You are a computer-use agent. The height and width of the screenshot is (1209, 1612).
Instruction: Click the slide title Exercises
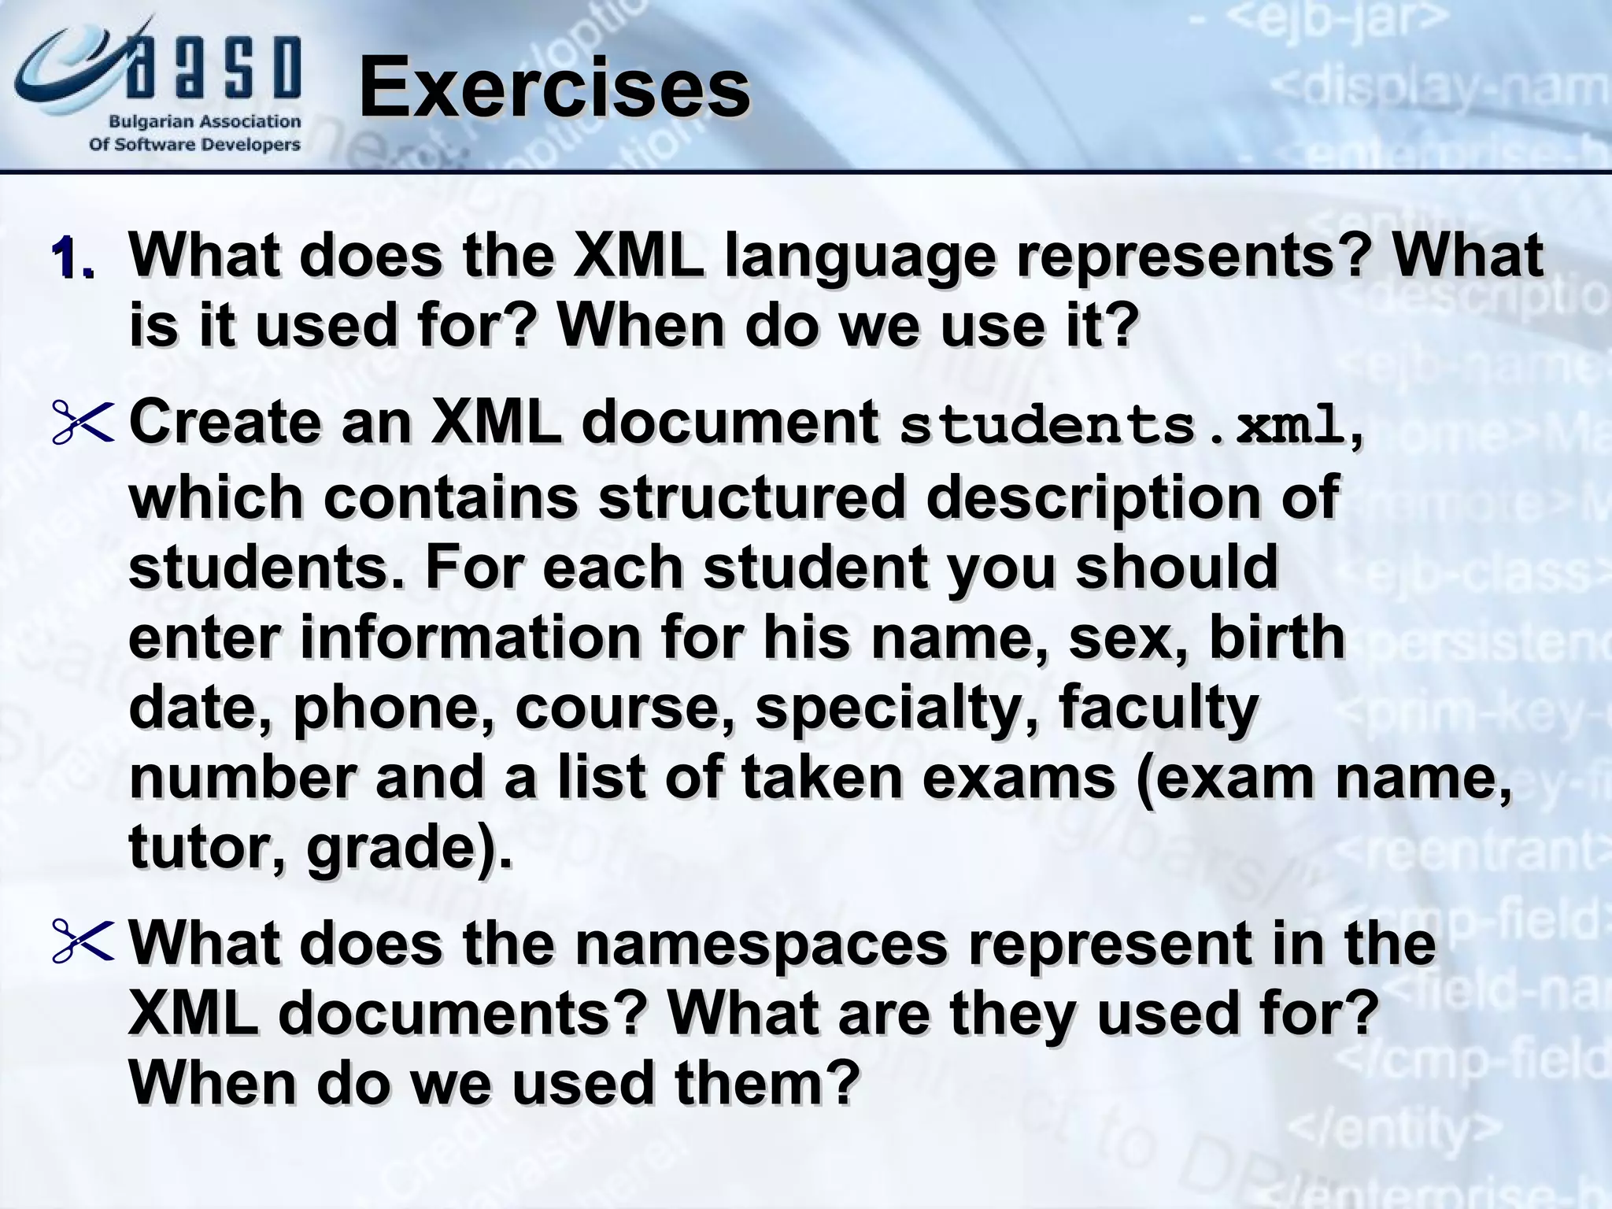pyautogui.click(x=553, y=88)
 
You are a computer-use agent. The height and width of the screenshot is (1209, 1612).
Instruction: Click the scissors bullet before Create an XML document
pyautogui.click(x=83, y=424)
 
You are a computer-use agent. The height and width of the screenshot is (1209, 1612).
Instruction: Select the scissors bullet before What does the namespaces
pyautogui.click(x=83, y=942)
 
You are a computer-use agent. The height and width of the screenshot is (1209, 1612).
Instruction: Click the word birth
pyautogui.click(x=1276, y=638)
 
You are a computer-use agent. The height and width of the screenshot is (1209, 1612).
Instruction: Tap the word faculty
pyautogui.click(x=1158, y=708)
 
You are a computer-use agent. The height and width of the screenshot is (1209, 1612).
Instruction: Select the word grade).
pyautogui.click(x=409, y=849)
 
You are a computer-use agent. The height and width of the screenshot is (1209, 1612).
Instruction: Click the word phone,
pyautogui.click(x=397, y=708)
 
